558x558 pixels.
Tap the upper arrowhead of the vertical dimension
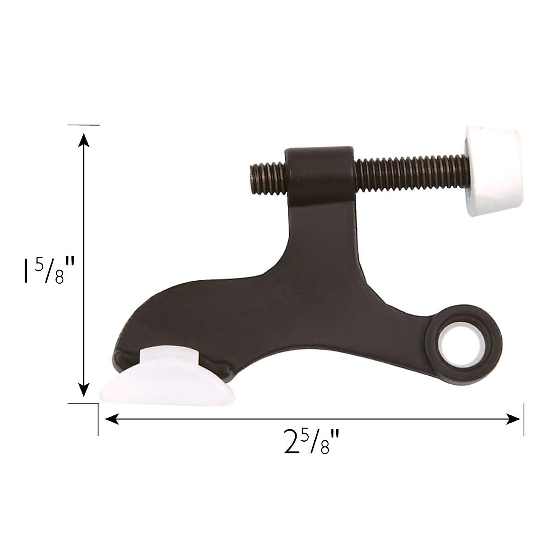(x=83, y=139)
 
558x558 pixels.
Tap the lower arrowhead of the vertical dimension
(x=83, y=391)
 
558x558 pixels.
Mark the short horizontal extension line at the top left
(x=83, y=125)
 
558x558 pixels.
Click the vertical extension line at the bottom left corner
(x=98, y=421)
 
